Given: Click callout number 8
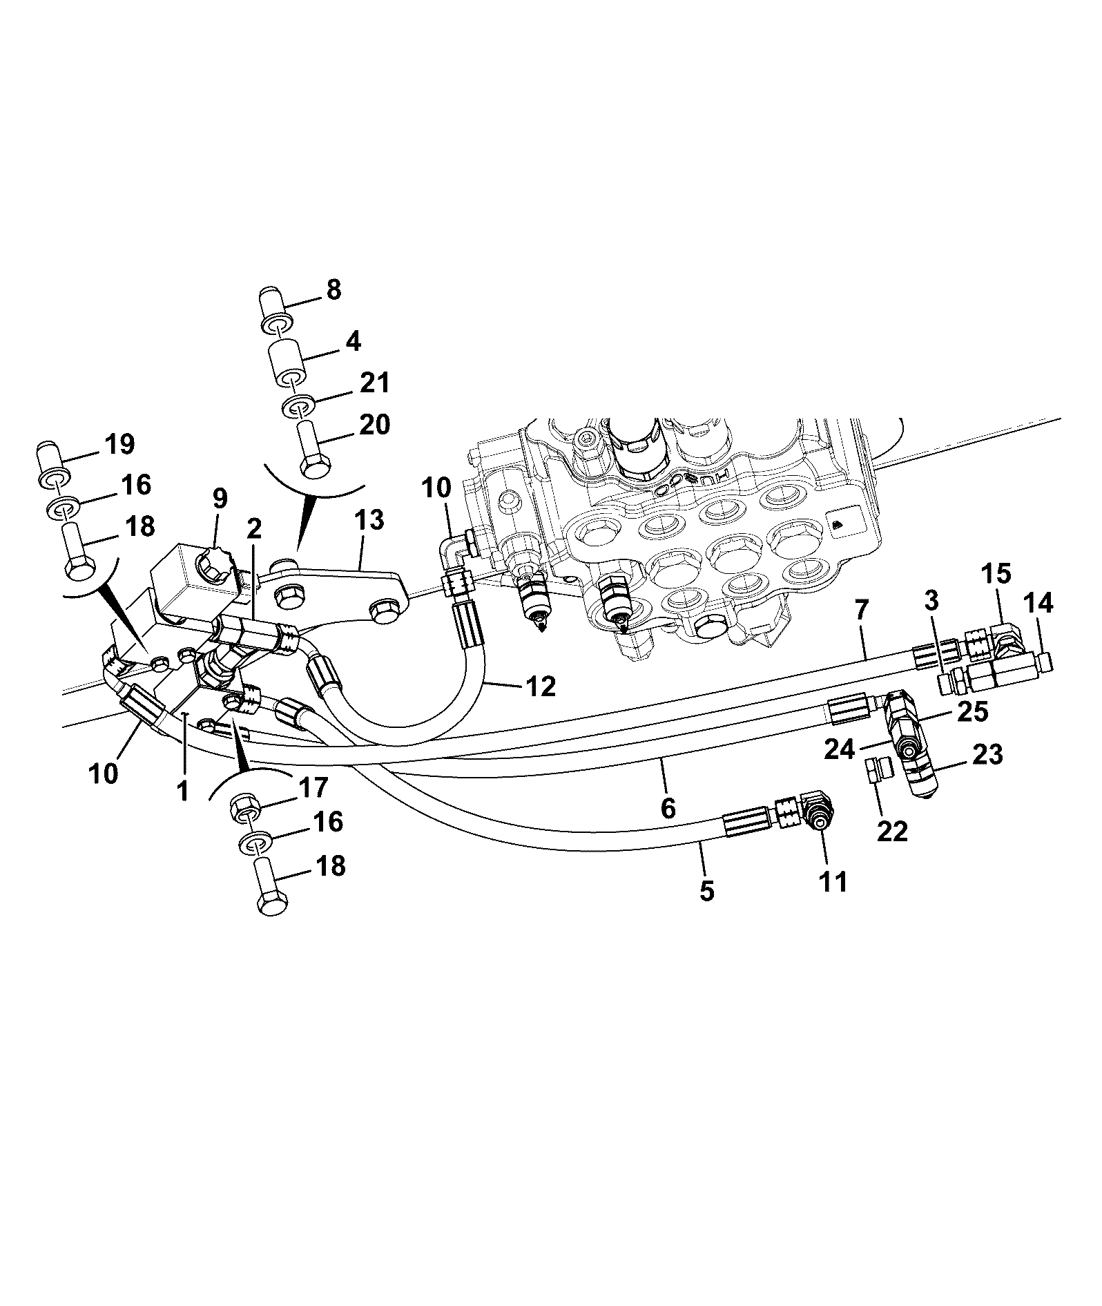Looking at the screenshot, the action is pyautogui.click(x=333, y=289).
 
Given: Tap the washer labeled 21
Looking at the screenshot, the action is pyautogui.click(x=298, y=407).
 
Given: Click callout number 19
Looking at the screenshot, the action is pyautogui.click(x=119, y=444).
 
